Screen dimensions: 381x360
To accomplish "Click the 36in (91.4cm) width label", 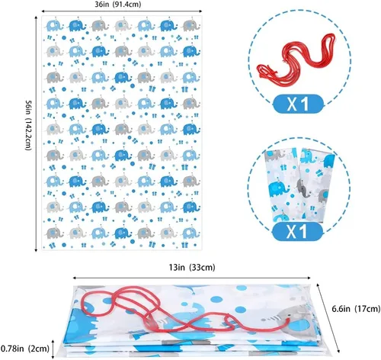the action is [x=118, y=5].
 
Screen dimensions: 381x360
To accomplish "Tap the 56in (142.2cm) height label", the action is [x=28, y=125].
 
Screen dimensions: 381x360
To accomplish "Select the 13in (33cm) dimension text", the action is [x=192, y=268].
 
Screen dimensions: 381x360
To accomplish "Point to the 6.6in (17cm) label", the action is [x=356, y=309].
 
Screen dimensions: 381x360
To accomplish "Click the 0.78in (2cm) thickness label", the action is [x=24, y=349].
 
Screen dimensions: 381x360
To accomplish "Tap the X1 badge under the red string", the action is [x=298, y=104].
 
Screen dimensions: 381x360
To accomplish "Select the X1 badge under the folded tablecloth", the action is [x=297, y=232].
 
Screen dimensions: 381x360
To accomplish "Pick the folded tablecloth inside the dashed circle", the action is [x=299, y=185].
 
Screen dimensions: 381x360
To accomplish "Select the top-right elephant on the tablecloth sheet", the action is [x=191, y=25].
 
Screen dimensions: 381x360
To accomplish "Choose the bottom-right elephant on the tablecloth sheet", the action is [x=191, y=233].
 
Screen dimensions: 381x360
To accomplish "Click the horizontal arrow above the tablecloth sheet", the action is [x=121, y=11].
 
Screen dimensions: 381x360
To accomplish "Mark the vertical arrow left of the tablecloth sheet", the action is [x=36, y=133].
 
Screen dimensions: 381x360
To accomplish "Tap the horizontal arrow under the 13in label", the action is [x=192, y=278].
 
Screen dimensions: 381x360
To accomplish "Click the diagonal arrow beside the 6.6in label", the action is [x=328, y=318].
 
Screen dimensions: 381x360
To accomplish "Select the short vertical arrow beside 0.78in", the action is [x=53, y=349].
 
